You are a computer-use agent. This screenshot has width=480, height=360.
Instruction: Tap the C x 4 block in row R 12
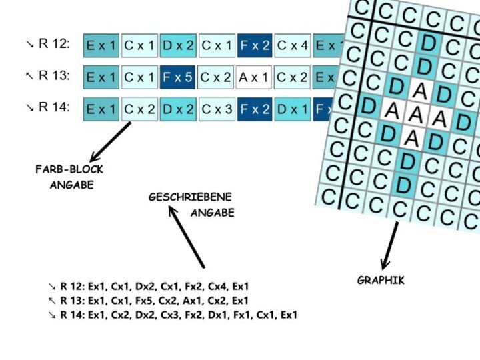tap(292, 45)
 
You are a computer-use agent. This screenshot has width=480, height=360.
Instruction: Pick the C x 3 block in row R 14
tap(217, 109)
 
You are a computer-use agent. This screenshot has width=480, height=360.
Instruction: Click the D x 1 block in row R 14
tap(292, 109)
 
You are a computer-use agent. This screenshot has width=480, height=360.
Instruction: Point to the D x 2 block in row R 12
tap(178, 45)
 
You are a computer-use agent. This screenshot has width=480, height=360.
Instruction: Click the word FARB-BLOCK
tap(69, 169)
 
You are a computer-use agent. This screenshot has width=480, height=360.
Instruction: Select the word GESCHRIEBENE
tap(190, 197)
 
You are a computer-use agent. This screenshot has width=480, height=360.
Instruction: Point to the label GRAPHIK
tap(381, 281)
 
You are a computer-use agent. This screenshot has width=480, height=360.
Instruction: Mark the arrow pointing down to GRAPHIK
tap(390, 245)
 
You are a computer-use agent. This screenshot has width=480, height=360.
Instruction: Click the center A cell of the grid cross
tap(415, 115)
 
